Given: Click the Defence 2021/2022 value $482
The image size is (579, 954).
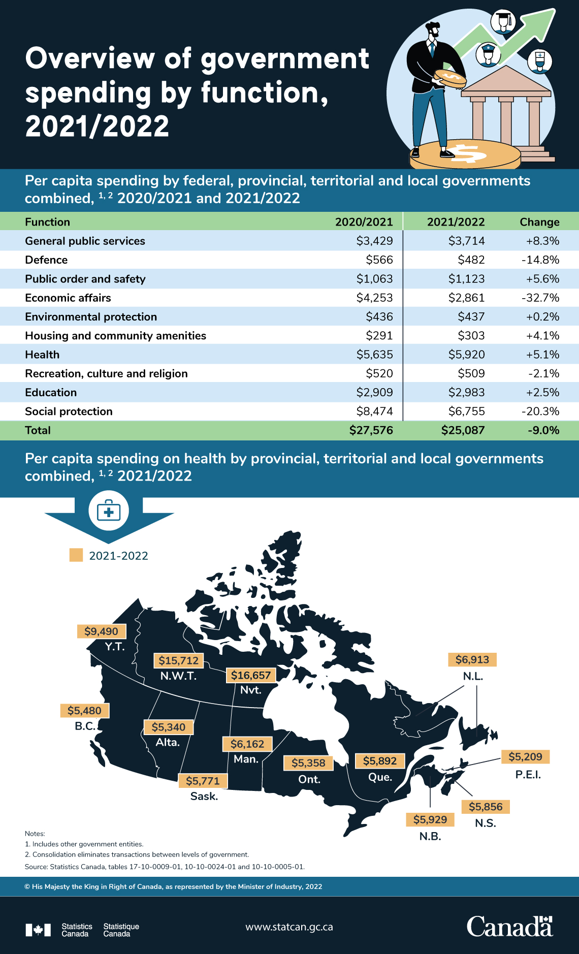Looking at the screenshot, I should coord(471,260).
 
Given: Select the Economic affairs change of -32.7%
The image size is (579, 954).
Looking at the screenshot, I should coord(540,298).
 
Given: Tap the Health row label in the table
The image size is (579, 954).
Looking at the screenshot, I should coord(42,355).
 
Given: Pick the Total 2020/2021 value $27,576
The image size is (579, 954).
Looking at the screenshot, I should coord(371,430).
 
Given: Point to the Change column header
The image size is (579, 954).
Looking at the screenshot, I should coord(539,222).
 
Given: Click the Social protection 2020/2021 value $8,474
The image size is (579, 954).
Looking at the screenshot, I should coord(374,411).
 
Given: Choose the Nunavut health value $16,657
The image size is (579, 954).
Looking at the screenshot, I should coord(251,675).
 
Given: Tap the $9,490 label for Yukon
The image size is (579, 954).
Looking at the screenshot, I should coord(101,631).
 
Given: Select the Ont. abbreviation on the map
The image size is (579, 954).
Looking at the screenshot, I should coord(309,779).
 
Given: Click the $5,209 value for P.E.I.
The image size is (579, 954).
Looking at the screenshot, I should coord(525,757).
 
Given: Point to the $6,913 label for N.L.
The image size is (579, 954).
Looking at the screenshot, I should coord(472,660).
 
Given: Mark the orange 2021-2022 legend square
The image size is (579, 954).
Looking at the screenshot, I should coord(76,555).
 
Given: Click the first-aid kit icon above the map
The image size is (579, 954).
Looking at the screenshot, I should coord(109,511).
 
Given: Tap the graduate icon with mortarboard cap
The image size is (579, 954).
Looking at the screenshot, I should coord(503,21).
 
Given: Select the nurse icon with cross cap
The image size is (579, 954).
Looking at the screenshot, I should coord(539,61).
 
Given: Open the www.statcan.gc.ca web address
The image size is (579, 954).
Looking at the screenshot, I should coord(289,927).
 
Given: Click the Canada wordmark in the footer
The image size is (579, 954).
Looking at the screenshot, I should coord(509,927).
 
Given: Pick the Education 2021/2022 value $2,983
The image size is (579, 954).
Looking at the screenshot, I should coord(466,393).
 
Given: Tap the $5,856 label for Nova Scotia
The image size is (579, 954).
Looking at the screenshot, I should coord(486,807).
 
